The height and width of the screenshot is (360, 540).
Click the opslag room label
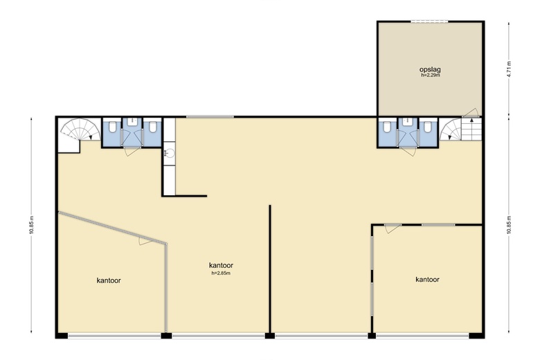(430, 70)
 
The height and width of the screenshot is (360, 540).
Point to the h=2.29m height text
(430, 75)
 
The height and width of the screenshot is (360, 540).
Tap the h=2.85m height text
(221, 273)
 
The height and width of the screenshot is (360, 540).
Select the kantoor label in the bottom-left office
(109, 280)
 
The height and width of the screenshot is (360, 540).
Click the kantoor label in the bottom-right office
(427, 280)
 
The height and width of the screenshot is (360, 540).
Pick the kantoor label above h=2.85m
(221, 265)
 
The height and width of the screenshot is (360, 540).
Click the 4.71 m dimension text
(509, 70)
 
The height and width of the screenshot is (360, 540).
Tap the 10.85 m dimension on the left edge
(31, 225)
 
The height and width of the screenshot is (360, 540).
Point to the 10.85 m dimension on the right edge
(509, 225)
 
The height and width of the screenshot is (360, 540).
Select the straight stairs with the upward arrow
(471, 129)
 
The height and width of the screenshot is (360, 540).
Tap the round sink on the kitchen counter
(170, 152)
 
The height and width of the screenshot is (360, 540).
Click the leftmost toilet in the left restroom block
(112, 127)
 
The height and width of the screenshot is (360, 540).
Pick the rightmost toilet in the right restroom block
(428, 127)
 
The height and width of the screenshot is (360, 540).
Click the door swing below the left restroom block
(132, 151)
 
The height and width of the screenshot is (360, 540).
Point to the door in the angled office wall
(146, 241)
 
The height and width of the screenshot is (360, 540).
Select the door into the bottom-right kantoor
(393, 228)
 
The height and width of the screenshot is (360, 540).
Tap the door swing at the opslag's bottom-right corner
(471, 113)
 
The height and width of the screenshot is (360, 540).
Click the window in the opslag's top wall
(429, 21)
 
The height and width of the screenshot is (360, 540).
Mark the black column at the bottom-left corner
(62, 336)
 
